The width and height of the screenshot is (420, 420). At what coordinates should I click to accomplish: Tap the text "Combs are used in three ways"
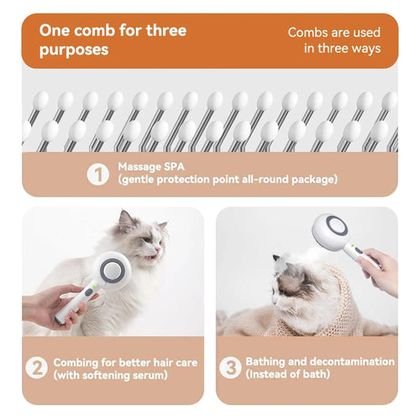pos(334,39)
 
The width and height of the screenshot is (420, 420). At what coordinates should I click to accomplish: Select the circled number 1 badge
pos(99,173)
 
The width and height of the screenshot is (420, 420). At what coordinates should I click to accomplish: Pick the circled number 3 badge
pos(230,368)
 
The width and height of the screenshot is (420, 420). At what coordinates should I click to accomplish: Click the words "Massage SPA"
pos(151,165)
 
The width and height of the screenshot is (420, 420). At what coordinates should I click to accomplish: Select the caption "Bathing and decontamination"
pos(319,361)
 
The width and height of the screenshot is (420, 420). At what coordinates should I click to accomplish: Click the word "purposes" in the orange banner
pos(74,50)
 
